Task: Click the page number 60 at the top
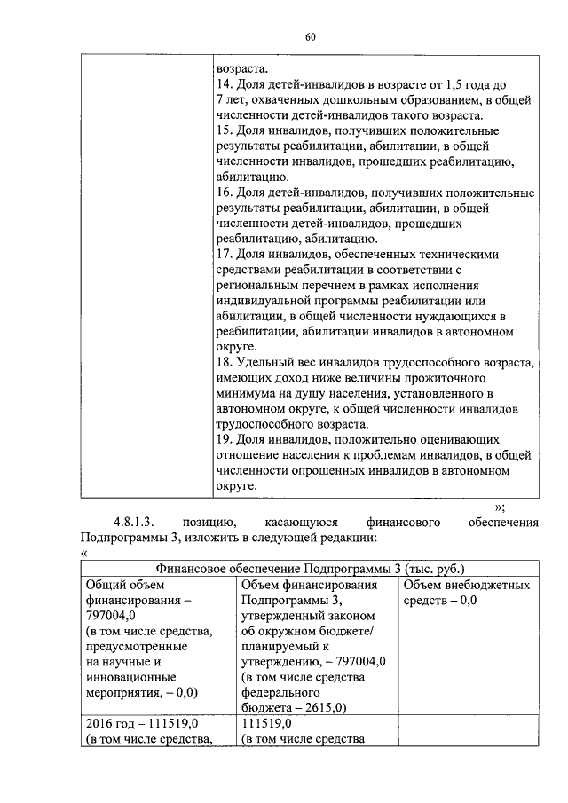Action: coord(310,36)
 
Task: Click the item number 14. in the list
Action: coord(225,83)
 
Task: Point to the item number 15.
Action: coord(225,130)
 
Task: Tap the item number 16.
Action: coord(225,193)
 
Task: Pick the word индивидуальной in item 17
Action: coord(265,303)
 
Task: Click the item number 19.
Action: coord(225,439)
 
